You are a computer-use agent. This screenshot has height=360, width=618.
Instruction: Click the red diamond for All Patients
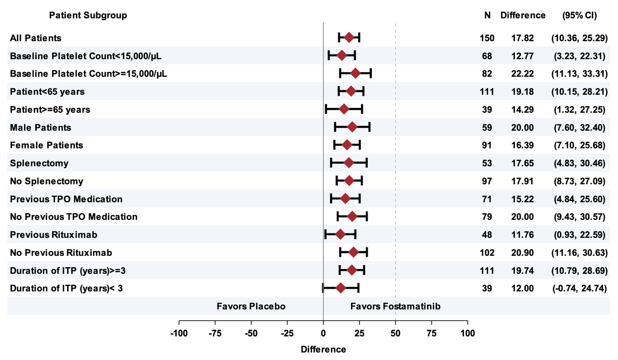coord(349,38)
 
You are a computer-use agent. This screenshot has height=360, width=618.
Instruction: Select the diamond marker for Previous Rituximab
coord(340,234)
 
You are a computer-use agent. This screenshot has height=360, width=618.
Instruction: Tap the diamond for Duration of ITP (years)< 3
coord(341,288)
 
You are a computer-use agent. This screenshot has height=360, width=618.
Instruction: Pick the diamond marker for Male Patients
coord(352,127)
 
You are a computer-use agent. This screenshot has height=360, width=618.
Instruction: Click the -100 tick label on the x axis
coord(179,333)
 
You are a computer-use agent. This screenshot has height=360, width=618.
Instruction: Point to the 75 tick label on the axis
coord(431,333)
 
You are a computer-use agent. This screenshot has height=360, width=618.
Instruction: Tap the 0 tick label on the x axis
coord(323,333)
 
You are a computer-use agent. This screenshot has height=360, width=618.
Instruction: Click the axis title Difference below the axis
coord(323,349)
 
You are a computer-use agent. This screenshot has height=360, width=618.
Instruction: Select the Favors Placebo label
coord(251,306)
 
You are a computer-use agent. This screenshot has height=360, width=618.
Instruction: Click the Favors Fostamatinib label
coord(395,306)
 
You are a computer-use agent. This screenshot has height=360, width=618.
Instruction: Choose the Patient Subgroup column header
coord(88,15)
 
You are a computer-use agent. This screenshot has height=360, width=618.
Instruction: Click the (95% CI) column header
coord(579,15)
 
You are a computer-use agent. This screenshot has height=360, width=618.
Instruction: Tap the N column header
coord(487,15)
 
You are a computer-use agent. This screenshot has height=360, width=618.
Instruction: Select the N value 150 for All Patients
coord(487,38)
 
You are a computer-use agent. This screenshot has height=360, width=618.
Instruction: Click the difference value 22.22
coord(522,74)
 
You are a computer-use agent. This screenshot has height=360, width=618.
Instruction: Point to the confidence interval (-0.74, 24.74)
coord(579,288)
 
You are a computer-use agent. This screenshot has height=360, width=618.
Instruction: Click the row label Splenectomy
coord(39,163)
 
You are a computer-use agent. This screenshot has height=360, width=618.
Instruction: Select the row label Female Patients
coord(46,145)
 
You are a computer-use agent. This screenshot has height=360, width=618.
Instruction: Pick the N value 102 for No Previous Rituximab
coord(487,253)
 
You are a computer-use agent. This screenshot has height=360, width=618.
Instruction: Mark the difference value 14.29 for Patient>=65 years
coord(522,109)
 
